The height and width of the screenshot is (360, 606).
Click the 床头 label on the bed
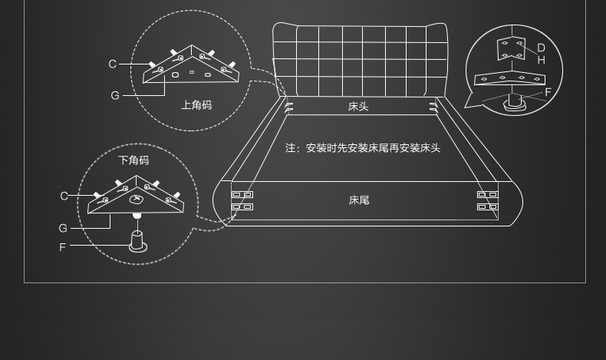click(x=358, y=107)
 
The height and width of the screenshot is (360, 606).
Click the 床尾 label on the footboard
click(x=359, y=200)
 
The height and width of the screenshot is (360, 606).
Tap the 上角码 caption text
click(x=196, y=105)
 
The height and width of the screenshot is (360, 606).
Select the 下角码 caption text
click(x=133, y=160)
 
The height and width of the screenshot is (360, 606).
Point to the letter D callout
click(x=541, y=48)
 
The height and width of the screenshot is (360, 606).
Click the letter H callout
click(x=541, y=60)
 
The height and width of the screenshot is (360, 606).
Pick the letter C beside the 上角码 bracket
click(x=113, y=64)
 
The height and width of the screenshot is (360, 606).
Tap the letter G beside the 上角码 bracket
click(x=115, y=96)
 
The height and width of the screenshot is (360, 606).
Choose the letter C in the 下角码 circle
click(x=64, y=196)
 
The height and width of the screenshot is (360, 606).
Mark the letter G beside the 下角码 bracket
click(x=63, y=228)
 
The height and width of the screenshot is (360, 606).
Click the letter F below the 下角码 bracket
click(x=63, y=247)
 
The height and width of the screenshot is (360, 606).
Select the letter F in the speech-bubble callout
click(x=548, y=93)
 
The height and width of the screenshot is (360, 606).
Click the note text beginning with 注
click(x=363, y=148)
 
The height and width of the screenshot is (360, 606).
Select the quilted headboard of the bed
click(x=360, y=60)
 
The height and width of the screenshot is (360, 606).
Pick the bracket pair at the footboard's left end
click(x=242, y=200)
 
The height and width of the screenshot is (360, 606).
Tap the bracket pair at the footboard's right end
click(x=487, y=200)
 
